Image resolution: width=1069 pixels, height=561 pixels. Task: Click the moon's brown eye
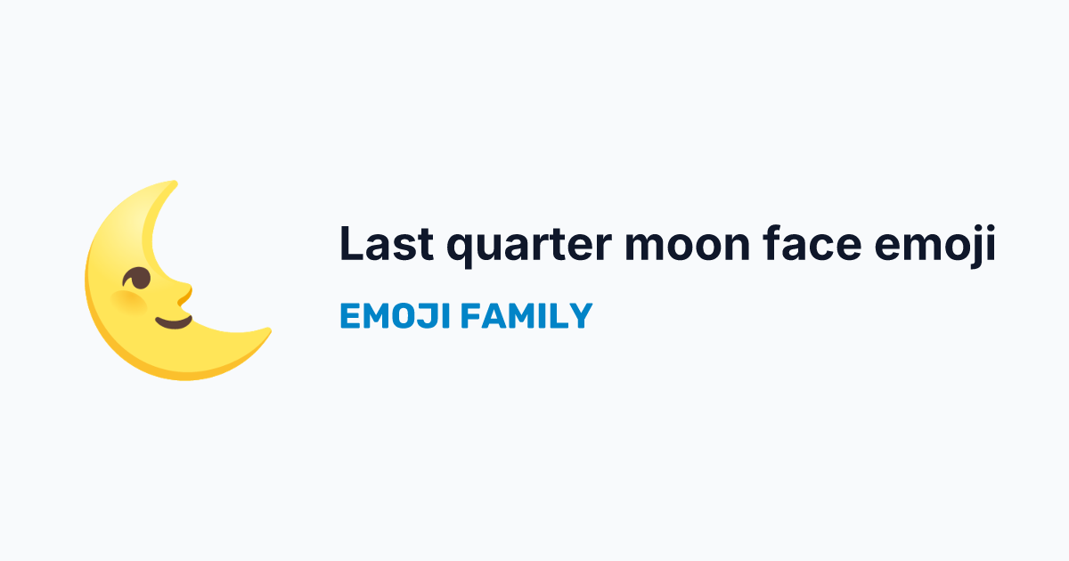click(x=137, y=278)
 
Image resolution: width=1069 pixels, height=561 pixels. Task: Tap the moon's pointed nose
click(x=185, y=293)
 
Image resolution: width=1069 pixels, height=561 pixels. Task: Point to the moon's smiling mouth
click(x=175, y=322)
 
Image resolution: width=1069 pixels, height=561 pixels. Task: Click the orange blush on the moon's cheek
click(x=129, y=303)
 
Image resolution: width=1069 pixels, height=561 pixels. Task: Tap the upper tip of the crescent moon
click(x=175, y=183)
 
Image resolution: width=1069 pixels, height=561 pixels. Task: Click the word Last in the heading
click(x=387, y=244)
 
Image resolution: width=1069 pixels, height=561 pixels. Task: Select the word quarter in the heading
click(x=529, y=247)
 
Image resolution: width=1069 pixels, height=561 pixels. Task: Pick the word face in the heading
click(x=812, y=243)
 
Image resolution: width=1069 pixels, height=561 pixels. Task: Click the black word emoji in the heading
click(x=935, y=246)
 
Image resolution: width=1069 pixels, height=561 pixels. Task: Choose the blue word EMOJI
click(x=396, y=316)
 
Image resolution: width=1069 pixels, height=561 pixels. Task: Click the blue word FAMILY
click(x=526, y=316)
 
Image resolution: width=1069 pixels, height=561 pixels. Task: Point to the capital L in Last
click(x=352, y=244)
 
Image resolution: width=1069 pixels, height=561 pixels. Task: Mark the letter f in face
click(x=773, y=243)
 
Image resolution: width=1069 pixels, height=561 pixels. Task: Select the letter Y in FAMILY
click(x=580, y=316)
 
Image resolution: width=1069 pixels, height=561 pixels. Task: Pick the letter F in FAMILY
click(x=469, y=316)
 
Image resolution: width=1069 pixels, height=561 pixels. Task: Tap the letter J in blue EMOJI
click(x=427, y=316)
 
